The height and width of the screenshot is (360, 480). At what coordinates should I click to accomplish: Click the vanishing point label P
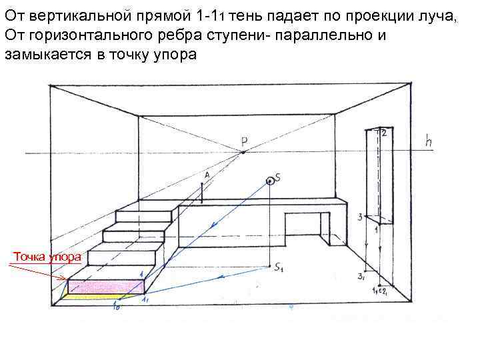click(x=245, y=141)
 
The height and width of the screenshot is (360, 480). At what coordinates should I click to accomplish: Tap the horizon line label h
click(x=431, y=141)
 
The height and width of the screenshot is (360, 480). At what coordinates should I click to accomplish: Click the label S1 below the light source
click(x=279, y=268)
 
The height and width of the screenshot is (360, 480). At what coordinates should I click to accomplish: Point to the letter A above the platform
click(x=207, y=175)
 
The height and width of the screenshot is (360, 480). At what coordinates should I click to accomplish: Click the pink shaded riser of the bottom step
click(x=107, y=287)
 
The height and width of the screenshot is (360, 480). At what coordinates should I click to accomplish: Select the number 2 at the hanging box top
click(x=384, y=133)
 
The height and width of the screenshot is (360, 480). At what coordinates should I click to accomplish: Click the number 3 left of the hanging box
click(x=360, y=217)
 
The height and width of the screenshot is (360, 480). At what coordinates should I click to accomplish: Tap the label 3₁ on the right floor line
click(x=361, y=276)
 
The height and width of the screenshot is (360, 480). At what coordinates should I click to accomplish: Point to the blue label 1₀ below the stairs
click(x=117, y=307)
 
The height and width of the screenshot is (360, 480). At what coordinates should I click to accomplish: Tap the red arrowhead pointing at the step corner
click(x=64, y=278)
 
